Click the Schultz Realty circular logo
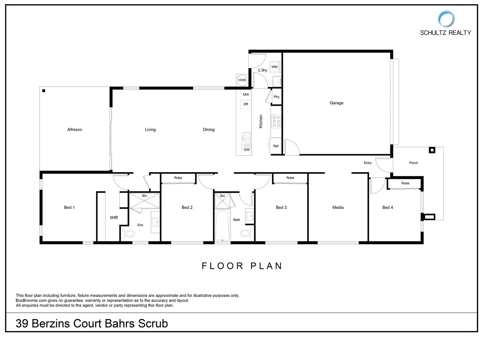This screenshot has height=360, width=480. pos(446,19)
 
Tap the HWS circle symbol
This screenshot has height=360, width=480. pos(242,80)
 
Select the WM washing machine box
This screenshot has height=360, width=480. pos(274,67)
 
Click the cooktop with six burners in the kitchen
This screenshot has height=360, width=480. pos(276,121)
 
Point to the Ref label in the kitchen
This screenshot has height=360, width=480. pos(276,146)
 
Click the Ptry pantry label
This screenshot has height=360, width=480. pos(276,97)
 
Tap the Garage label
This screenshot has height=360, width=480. pos(336,103)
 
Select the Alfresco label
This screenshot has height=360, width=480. pos(75,130)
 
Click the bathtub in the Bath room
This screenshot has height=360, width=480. pos(222,225)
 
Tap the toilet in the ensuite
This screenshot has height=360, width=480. pos(127,234)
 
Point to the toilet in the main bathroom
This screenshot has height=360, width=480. pos(246,233)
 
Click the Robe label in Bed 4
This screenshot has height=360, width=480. pos(405,183)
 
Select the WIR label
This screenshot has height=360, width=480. pos(114,218)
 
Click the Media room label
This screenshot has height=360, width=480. pos(338,207)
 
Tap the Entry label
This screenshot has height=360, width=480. pos(368,163)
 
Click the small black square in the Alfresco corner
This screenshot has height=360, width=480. pos(44,91)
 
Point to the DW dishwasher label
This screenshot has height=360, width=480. pos(247,150)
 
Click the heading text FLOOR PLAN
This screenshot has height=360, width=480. pos(242,266)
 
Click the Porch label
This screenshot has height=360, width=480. pos(413,163)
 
